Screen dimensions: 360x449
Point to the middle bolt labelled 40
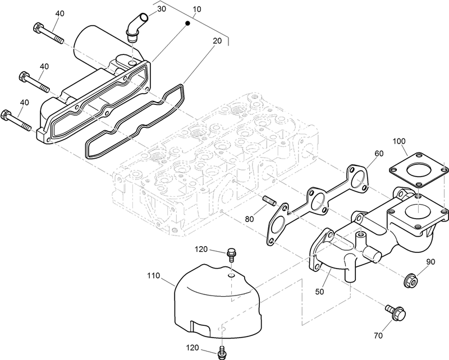point(34,81)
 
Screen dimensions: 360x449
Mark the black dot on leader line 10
point(189,24)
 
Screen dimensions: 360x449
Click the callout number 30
point(161,9)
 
